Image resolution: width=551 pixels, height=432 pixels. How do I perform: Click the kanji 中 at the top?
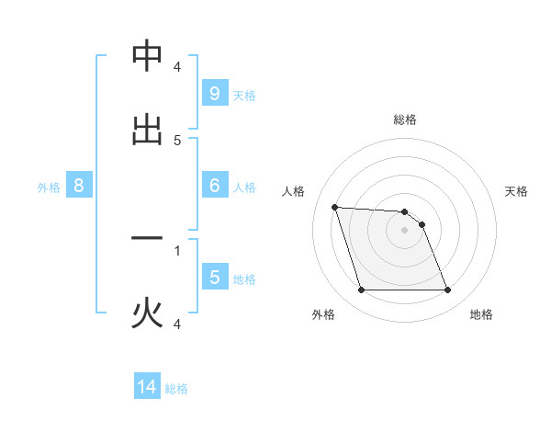(147, 57)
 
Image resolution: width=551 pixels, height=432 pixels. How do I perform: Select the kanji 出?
(147, 130)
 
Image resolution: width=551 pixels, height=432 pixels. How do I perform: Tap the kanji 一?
(147, 239)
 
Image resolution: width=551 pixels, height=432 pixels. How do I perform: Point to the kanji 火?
(147, 313)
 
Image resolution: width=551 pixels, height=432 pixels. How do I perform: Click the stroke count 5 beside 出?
(177, 141)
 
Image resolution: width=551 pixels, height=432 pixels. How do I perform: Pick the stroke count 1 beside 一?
(177, 250)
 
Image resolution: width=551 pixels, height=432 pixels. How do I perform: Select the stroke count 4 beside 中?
(177, 68)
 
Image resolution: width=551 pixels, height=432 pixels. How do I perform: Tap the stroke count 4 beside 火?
(177, 324)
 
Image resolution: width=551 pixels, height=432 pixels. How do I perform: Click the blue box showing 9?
(214, 93)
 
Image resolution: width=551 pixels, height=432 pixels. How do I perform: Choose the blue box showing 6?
(214, 185)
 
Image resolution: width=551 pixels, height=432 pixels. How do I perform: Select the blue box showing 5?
(214, 277)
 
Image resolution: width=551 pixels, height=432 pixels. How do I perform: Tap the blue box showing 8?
(78, 185)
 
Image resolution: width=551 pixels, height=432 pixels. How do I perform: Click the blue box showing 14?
(147, 388)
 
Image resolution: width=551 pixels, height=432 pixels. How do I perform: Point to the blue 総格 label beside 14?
(176, 389)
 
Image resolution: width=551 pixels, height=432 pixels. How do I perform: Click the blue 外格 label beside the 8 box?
(49, 188)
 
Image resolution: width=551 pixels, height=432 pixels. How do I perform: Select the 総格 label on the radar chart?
(405, 119)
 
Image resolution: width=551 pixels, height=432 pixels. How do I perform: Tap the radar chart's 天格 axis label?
(516, 191)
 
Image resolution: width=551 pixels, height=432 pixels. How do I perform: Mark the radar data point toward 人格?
(335, 207)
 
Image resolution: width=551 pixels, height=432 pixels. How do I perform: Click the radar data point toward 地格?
(447, 290)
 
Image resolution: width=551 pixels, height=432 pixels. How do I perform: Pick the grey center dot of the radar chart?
(405, 230)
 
